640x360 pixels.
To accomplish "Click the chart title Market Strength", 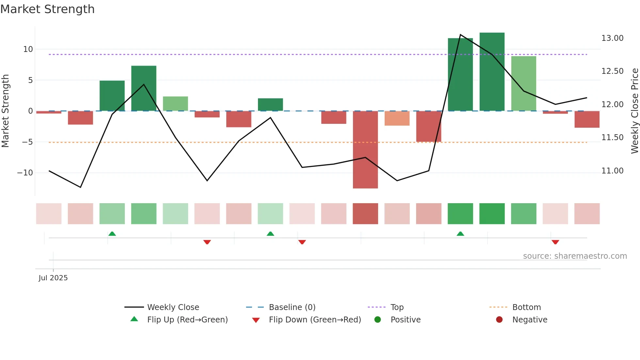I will (x=47, y=9).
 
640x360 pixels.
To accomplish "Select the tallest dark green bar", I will (x=492, y=72).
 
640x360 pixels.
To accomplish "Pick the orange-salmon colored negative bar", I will (x=397, y=118).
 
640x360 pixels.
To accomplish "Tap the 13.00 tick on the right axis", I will (x=612, y=38).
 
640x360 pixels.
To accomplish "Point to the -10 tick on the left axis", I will (x=25, y=173).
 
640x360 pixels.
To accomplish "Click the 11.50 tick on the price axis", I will (x=612, y=138).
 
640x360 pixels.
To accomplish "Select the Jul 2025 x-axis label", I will (x=53, y=278).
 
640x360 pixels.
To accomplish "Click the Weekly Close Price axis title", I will (x=634, y=111).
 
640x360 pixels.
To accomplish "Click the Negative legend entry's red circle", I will (x=499, y=320).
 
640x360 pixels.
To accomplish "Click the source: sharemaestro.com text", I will (x=575, y=256).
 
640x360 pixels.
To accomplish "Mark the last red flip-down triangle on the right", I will (x=555, y=242).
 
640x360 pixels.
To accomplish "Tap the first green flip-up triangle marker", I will (x=112, y=234).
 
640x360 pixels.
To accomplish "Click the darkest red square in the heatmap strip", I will (x=365, y=214).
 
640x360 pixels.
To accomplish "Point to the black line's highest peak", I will (x=460, y=35).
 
